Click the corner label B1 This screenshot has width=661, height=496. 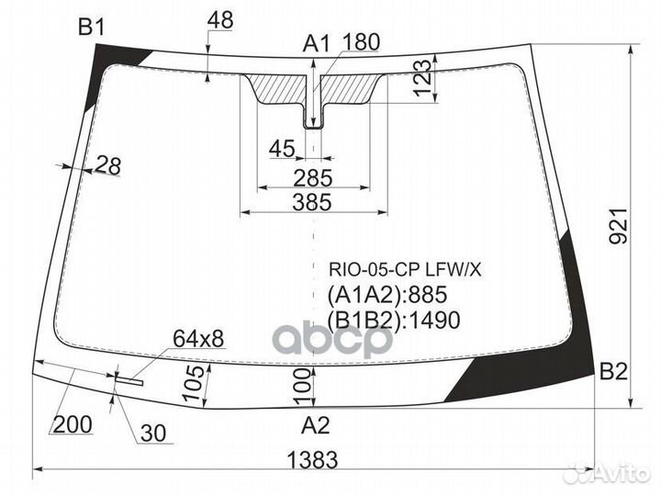(92, 28)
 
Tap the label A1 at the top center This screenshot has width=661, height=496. (317, 42)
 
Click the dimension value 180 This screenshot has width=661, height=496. (361, 42)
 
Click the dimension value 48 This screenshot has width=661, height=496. (220, 18)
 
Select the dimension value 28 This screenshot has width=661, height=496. (107, 165)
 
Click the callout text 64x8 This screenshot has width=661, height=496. (197, 339)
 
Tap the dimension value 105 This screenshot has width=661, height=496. (191, 384)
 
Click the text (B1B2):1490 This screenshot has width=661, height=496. (393, 319)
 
